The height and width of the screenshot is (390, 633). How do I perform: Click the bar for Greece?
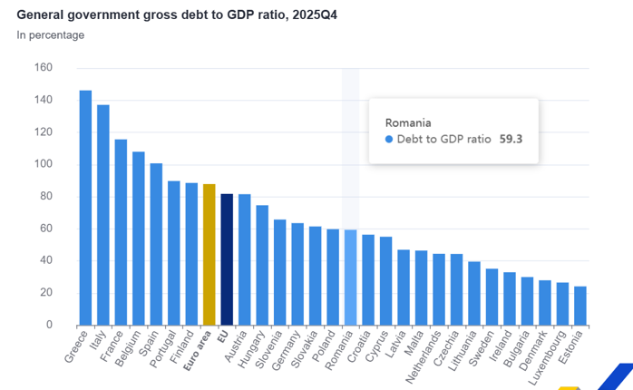[x=85, y=208]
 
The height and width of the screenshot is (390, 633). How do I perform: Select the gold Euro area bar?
[x=209, y=255]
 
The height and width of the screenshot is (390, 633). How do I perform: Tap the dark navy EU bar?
[x=227, y=259]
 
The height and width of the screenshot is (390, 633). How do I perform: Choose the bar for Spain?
[x=156, y=244]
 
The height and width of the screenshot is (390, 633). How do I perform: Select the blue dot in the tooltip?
[x=389, y=140]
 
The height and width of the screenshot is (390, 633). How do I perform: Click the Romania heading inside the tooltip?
[x=407, y=122]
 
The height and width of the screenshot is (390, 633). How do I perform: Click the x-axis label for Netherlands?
[x=425, y=356]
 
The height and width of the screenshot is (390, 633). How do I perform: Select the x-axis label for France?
[x=112, y=346]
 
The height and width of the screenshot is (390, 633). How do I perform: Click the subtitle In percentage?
[x=51, y=35]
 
